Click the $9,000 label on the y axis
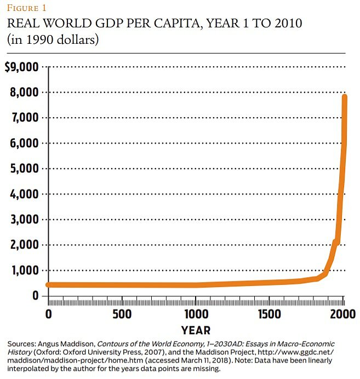point(21,67)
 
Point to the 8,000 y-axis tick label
point(24,93)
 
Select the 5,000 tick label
point(24,169)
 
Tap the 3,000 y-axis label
point(24,220)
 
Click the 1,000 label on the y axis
point(24,271)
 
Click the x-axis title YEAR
point(196,330)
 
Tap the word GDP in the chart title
point(115,25)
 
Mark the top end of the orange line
point(345,97)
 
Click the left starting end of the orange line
point(48,285)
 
